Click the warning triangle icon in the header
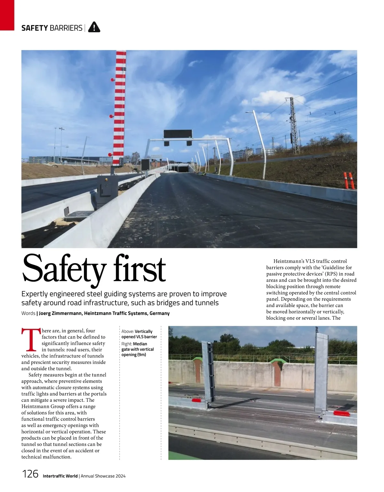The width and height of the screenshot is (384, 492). click(x=94, y=27)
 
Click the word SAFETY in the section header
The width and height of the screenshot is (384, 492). click(x=35, y=28)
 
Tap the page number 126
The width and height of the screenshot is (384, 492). click(x=30, y=474)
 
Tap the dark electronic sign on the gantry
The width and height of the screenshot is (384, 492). click(x=178, y=134)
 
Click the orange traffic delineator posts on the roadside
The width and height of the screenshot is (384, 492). click(x=349, y=181)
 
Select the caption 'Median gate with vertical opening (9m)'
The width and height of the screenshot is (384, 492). click(x=138, y=349)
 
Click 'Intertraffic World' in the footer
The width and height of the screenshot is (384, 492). click(x=60, y=476)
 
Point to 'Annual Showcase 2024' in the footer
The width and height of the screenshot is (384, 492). click(x=103, y=476)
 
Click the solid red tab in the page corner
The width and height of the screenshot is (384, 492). click(x=7, y=15)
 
